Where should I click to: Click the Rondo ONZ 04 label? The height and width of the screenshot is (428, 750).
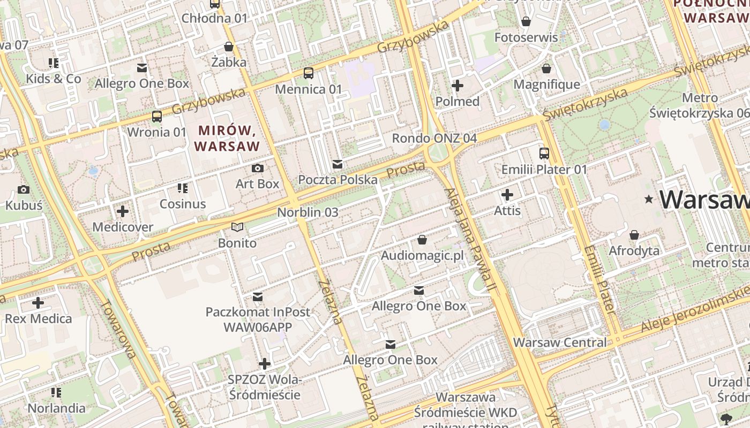point(434,138)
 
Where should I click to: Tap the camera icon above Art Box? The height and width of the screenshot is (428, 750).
point(258,169)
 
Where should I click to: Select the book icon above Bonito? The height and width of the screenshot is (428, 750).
point(237,227)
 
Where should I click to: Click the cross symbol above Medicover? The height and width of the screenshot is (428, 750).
point(123,211)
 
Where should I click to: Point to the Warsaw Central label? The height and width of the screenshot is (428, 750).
point(560,342)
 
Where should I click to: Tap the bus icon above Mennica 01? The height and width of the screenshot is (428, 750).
point(309,73)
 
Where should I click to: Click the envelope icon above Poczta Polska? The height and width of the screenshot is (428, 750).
point(337,164)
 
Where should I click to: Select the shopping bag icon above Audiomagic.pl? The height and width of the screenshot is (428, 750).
point(422,240)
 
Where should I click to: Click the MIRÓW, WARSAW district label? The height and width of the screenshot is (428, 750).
point(227,138)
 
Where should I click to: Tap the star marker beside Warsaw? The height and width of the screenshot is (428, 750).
point(649,200)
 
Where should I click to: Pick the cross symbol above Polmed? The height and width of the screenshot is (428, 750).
point(457,86)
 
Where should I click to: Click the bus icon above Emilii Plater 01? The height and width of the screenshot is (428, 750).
point(544,154)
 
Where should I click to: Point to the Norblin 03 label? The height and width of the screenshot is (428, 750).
point(307,212)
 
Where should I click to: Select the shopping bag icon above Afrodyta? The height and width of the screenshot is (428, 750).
point(634,235)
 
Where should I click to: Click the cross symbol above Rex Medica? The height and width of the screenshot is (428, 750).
point(38,303)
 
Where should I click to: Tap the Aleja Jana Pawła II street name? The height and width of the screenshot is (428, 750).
point(468,241)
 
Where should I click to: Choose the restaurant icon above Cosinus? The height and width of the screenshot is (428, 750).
point(183,188)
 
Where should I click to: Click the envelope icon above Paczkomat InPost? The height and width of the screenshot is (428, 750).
point(258,296)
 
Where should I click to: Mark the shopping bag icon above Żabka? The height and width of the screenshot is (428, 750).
point(229,47)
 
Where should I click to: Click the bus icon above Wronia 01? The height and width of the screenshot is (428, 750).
point(157,116)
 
